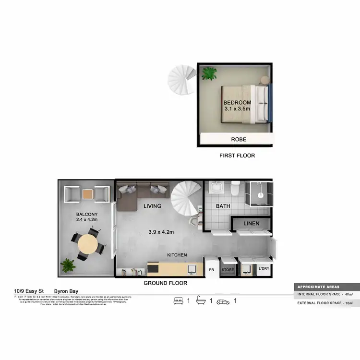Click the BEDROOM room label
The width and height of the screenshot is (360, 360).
tap(237, 103)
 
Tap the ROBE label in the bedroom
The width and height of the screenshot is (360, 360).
tap(239, 140)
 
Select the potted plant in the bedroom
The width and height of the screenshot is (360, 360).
tap(209, 73)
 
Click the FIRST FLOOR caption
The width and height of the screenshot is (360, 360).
tap(237, 156)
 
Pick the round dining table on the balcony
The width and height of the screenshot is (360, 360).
tap(87, 244)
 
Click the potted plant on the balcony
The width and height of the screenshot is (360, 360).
tap(68, 265)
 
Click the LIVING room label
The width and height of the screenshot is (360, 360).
tap(152, 206)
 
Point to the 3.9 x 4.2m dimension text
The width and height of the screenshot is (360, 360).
tap(161, 232)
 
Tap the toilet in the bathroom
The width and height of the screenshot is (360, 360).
tap(235, 188)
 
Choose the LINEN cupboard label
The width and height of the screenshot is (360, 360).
tap(252, 224)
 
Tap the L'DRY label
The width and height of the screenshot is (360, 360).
tap(264, 269)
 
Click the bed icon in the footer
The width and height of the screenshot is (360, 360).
tap(179, 301)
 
